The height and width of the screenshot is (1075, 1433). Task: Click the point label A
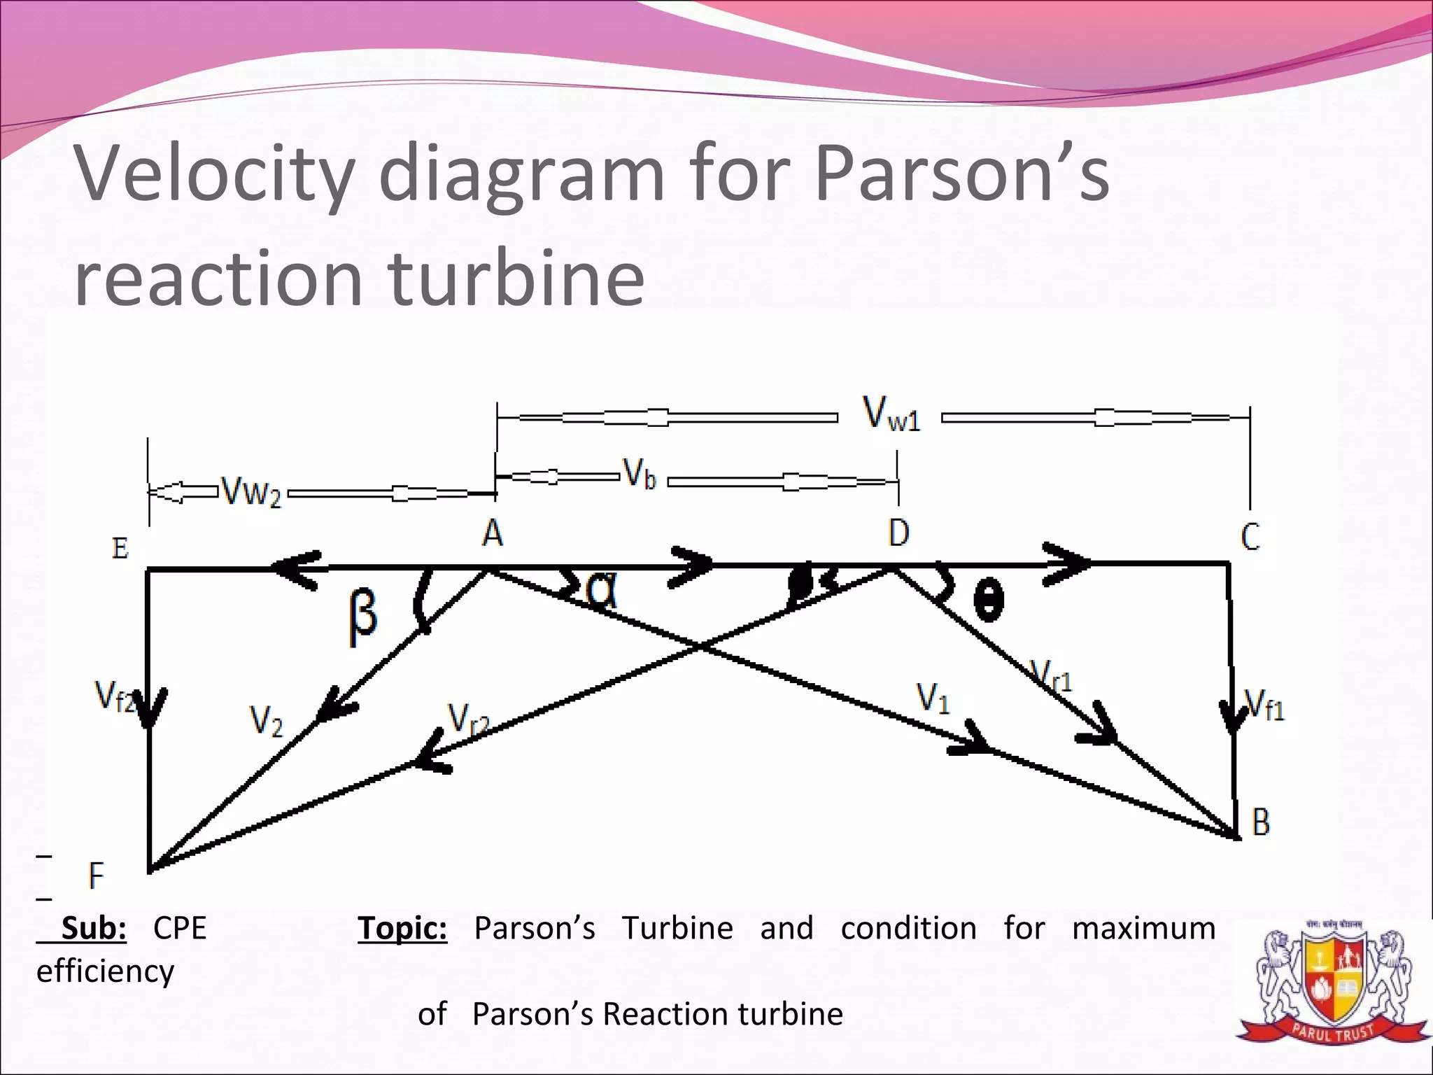(x=493, y=533)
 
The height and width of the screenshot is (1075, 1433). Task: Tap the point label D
(x=899, y=533)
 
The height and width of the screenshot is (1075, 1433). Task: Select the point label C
(x=1250, y=537)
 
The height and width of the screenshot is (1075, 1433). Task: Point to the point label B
(x=1261, y=822)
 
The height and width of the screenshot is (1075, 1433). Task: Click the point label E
(x=120, y=547)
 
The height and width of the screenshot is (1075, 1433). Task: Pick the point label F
(x=96, y=876)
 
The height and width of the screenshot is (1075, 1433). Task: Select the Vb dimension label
(x=640, y=475)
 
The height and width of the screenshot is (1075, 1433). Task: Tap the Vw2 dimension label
(x=250, y=491)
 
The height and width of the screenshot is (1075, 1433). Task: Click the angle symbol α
(x=601, y=589)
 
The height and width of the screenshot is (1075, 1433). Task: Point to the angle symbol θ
(x=988, y=600)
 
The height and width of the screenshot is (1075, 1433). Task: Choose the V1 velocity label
(x=933, y=698)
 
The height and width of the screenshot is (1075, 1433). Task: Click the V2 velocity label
(x=267, y=721)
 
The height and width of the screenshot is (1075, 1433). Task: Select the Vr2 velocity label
(x=467, y=718)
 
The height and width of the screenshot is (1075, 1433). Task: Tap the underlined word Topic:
(x=402, y=929)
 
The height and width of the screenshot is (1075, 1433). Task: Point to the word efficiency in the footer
(x=105, y=971)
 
